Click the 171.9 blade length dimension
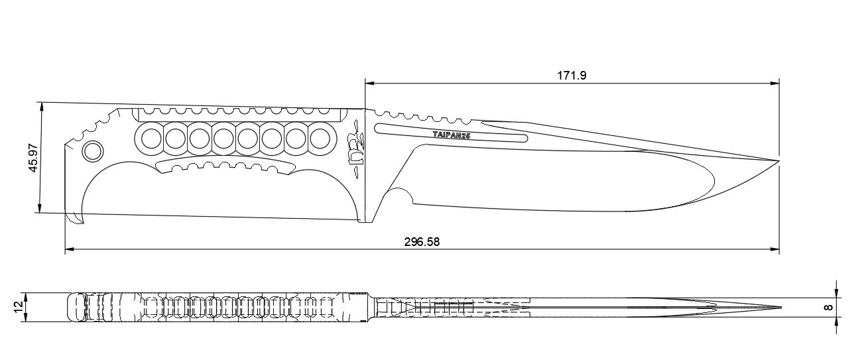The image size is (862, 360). pyautogui.click(x=571, y=76)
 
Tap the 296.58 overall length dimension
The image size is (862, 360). pyautogui.click(x=422, y=242)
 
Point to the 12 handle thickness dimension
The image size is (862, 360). pyautogui.click(x=17, y=307)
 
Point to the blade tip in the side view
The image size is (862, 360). pyautogui.click(x=777, y=161)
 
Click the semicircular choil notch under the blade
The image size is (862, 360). pyautogui.click(x=399, y=198)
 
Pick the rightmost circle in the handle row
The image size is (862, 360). pyautogui.click(x=320, y=138)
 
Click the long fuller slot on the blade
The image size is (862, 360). pyautogui.click(x=451, y=133)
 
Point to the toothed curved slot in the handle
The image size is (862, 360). pyautogui.click(x=225, y=166)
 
